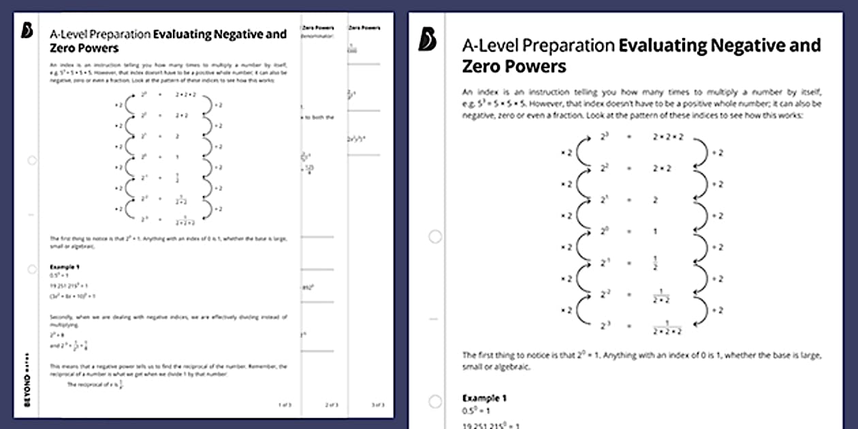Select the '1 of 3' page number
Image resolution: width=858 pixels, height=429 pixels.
[285, 405]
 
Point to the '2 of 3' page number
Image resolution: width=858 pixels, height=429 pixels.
[332, 405]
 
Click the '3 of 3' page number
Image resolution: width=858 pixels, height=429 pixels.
[377, 405]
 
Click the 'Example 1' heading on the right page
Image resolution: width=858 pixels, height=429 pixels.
[484, 398]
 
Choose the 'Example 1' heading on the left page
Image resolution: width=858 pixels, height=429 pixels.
[65, 267]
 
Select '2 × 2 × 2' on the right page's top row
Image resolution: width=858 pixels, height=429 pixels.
[667, 138]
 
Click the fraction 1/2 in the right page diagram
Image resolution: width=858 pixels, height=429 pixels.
[655, 264]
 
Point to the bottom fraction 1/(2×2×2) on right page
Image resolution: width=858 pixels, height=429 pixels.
[667, 328]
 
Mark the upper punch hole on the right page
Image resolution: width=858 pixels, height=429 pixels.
[434, 237]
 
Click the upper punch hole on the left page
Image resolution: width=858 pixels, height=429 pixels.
[32, 161]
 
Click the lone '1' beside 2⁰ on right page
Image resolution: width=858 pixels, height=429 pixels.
[655, 232]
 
